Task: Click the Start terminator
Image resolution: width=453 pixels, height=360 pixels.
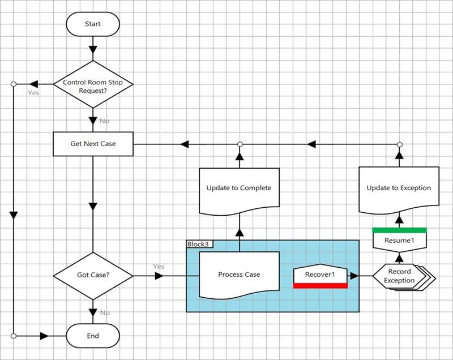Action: click(x=93, y=24)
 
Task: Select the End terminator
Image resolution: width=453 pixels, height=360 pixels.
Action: click(x=93, y=336)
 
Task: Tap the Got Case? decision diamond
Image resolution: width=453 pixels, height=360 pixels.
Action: click(x=93, y=276)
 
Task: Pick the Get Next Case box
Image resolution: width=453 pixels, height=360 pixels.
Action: click(x=93, y=144)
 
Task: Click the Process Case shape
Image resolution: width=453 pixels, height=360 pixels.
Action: click(x=239, y=275)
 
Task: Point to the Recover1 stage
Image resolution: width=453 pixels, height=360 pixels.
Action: click(x=320, y=275)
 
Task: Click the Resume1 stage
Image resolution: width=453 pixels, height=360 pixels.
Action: click(x=399, y=241)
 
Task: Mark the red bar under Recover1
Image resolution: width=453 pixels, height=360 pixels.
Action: click(x=320, y=285)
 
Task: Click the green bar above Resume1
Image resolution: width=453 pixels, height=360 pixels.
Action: click(x=399, y=230)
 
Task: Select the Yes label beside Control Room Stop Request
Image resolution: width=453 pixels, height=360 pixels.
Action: click(x=34, y=93)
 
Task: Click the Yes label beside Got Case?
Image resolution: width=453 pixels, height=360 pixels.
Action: click(x=159, y=267)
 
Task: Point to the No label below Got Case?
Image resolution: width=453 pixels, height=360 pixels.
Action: click(x=105, y=312)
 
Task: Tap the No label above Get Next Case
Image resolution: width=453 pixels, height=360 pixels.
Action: click(x=104, y=121)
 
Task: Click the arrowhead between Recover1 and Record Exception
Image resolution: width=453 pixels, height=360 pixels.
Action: click(x=354, y=276)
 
